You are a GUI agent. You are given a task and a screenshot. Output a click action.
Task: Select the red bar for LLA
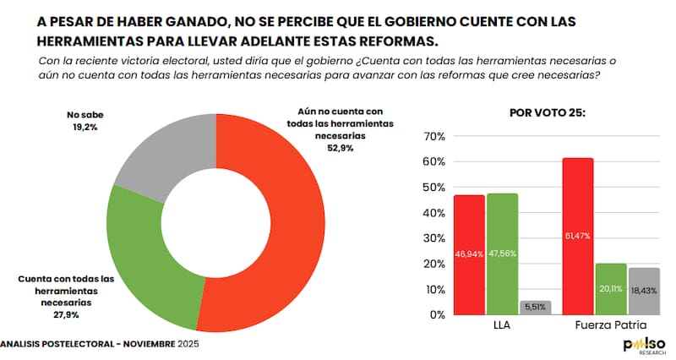click(x=469, y=254)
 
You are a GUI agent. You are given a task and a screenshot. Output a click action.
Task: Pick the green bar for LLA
click(x=502, y=254)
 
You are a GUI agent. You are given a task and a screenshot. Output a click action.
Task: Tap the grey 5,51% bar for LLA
click(x=534, y=308)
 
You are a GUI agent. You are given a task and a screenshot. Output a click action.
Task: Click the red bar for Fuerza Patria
click(x=577, y=236)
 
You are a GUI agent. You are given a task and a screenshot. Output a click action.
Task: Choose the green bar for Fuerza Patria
click(x=610, y=288)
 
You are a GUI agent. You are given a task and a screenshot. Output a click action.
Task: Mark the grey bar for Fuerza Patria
click(x=642, y=291)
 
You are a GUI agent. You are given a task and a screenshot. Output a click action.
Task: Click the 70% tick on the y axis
click(x=433, y=136)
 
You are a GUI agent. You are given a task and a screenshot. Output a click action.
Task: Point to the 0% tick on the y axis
click(x=436, y=314)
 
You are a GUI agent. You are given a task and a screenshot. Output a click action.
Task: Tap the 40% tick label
click(x=433, y=212)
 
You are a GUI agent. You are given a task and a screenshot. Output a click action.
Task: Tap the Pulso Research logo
click(x=644, y=346)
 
